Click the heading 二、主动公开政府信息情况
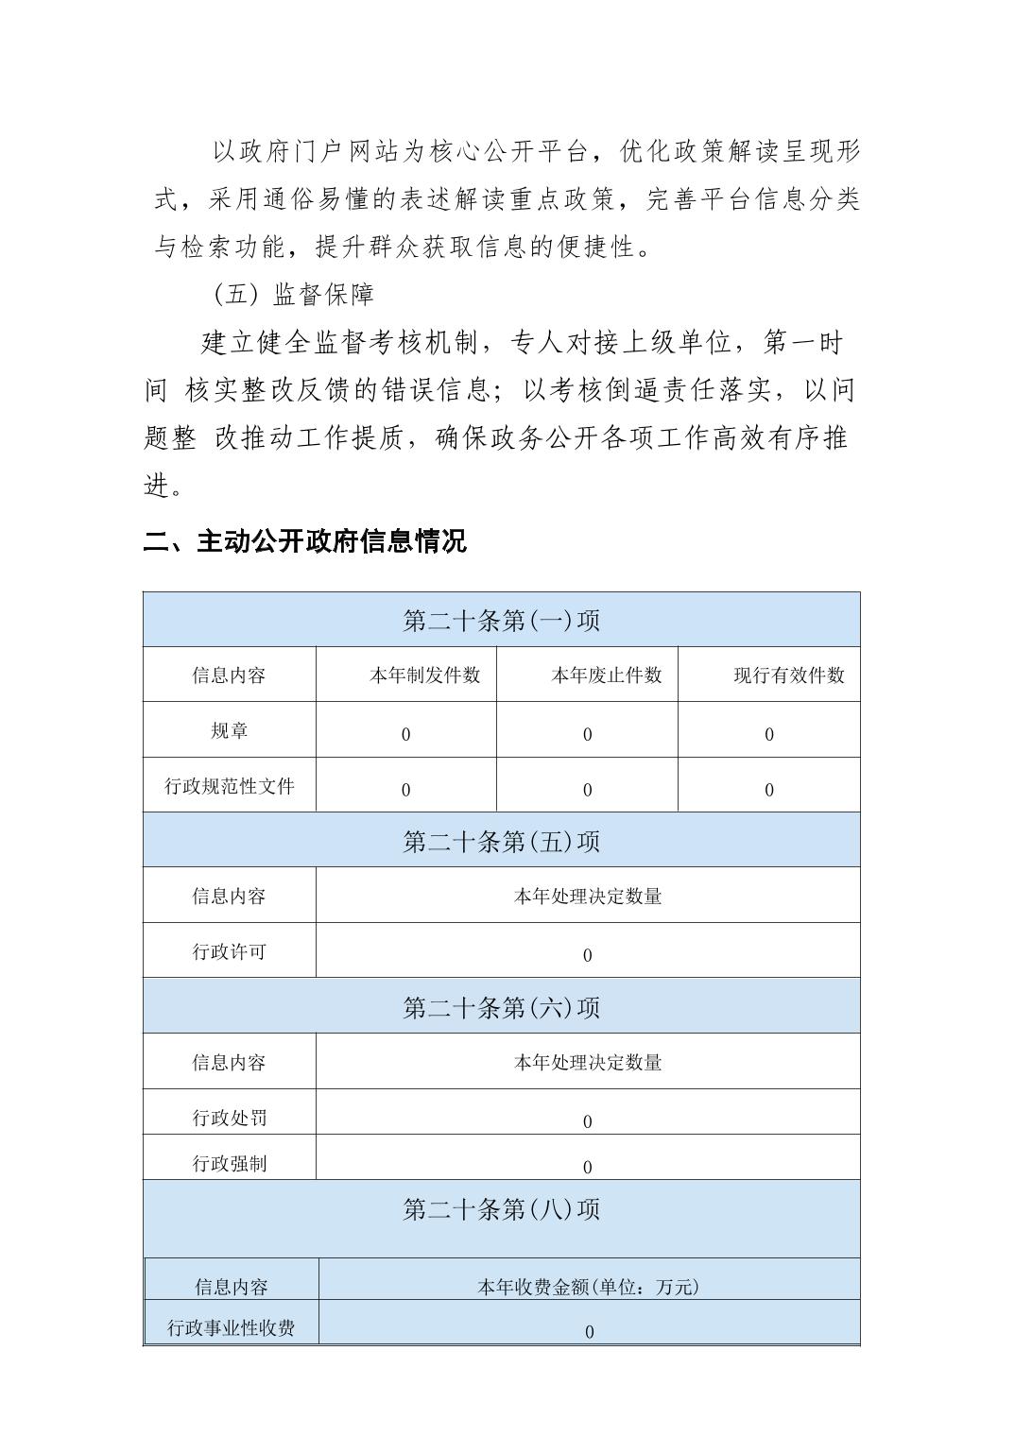(x=304, y=541)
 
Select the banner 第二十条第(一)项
(x=501, y=621)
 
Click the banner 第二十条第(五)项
(x=501, y=842)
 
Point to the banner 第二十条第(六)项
(x=501, y=1007)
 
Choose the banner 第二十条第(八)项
(x=501, y=1209)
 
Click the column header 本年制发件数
(x=424, y=675)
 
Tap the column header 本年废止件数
(x=606, y=675)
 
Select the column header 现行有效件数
(x=788, y=675)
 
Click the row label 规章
(x=229, y=731)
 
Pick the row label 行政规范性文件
(x=229, y=786)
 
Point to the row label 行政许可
(x=229, y=951)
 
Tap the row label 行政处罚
(x=229, y=1118)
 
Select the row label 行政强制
(x=229, y=1163)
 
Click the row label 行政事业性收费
(x=231, y=1328)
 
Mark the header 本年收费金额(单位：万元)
(x=588, y=1287)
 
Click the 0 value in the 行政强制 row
(x=587, y=1168)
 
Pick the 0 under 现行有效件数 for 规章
(x=768, y=735)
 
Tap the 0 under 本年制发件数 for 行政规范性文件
(x=405, y=791)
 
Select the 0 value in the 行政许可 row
(x=587, y=956)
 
